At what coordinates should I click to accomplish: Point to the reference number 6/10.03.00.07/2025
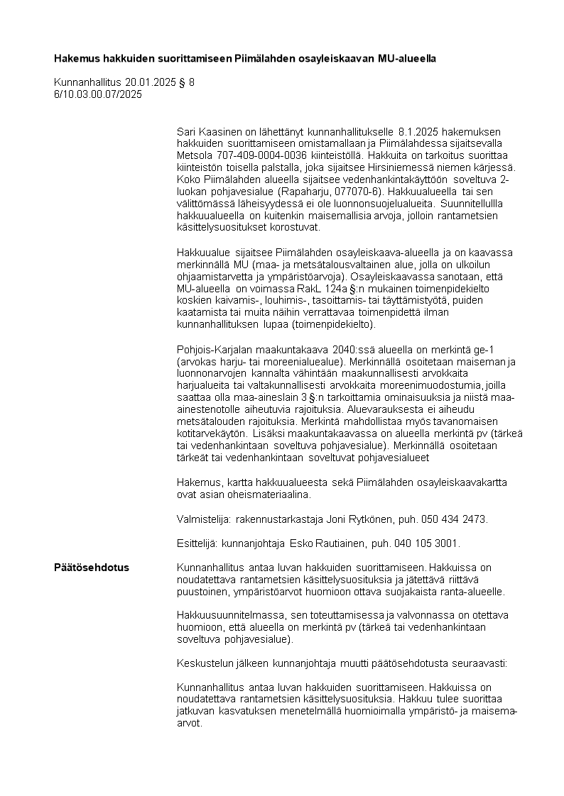pyautogui.click(x=98, y=94)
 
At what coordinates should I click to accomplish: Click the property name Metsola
pyautogui.click(x=194, y=155)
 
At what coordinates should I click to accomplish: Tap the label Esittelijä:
pyautogui.click(x=199, y=543)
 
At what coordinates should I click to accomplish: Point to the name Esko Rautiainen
pyautogui.click(x=320, y=543)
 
